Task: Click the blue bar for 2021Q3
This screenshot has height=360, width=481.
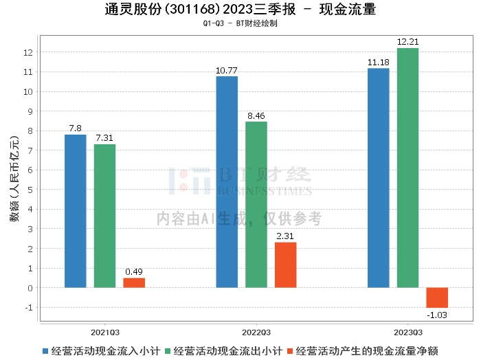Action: [76, 211]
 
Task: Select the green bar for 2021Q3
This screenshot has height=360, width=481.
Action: [104, 216]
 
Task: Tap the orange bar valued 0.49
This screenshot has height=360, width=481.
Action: [134, 282]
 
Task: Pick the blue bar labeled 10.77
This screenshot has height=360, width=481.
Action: [227, 181]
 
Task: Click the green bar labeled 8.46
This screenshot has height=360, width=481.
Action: [256, 204]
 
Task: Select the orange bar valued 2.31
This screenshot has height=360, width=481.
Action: [286, 265]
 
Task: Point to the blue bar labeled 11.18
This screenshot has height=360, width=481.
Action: [378, 177]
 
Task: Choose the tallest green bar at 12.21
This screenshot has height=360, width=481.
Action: [407, 168]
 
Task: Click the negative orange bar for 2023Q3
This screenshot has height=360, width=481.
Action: [437, 297]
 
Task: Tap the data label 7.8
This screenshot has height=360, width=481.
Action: [76, 128]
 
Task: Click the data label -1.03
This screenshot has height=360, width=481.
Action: [437, 315]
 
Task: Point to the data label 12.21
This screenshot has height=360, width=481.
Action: [407, 42]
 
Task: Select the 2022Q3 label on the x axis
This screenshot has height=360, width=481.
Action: [256, 330]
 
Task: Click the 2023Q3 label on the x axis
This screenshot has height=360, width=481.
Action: [407, 330]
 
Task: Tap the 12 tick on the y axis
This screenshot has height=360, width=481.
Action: [28, 52]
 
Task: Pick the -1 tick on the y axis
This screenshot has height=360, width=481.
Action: [28, 307]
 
